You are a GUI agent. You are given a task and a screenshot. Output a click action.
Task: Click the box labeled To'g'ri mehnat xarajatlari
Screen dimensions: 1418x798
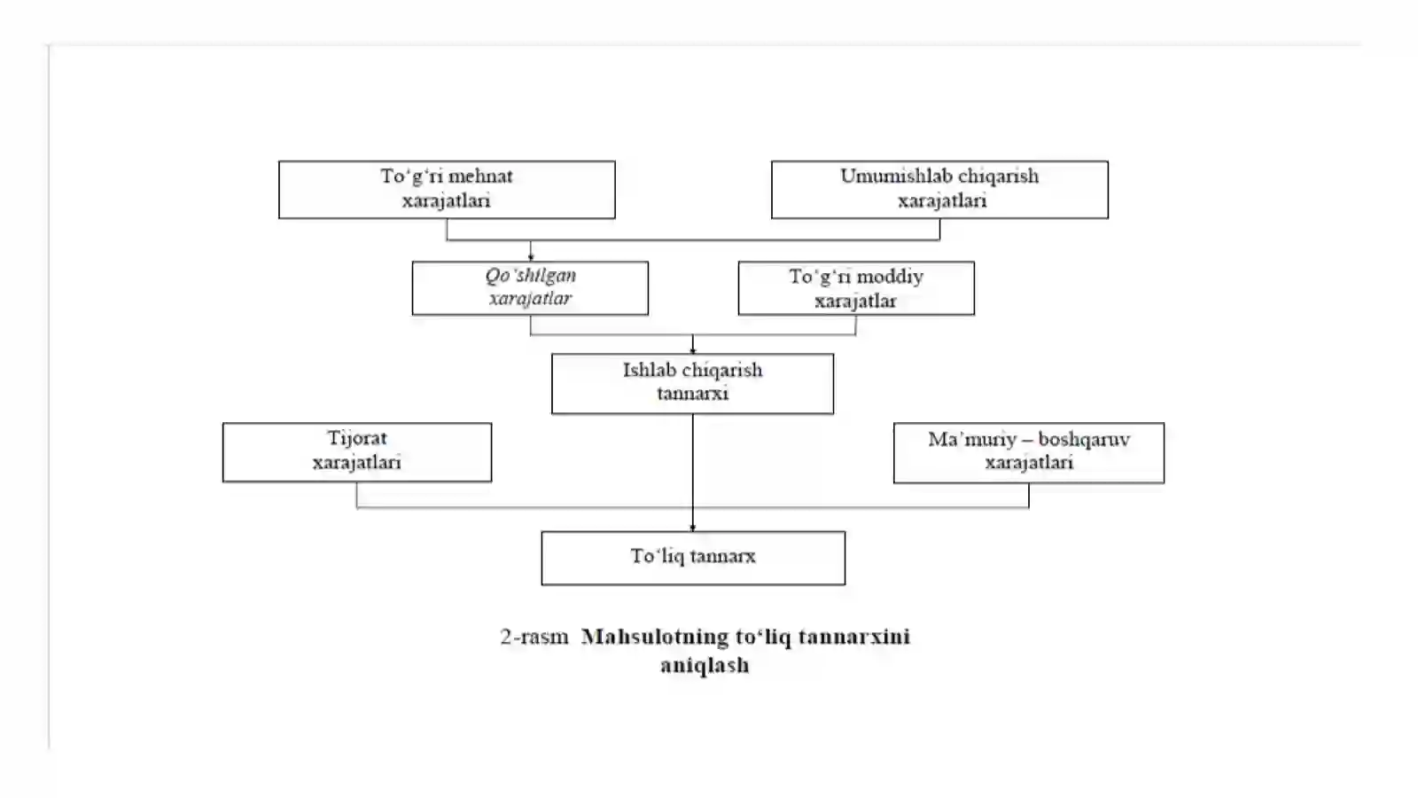(447, 190)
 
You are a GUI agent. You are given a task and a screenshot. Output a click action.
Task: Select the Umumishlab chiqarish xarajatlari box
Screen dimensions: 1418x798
(940, 190)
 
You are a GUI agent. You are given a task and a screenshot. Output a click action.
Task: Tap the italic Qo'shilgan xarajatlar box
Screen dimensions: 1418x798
(531, 288)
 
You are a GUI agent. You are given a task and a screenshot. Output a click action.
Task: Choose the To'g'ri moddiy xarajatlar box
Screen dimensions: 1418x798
(856, 288)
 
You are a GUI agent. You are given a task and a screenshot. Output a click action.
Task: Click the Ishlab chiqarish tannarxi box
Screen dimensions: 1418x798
(692, 384)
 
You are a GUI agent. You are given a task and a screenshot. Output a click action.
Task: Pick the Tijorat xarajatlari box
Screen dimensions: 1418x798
(357, 452)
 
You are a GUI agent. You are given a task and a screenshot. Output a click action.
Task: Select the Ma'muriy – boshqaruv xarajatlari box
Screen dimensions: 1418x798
(1029, 453)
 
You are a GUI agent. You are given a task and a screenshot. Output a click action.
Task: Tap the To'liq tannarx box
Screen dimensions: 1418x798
(693, 558)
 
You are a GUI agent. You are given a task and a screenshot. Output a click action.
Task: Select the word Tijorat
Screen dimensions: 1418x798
(357, 438)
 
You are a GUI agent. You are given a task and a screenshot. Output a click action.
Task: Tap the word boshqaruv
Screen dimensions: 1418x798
(1084, 440)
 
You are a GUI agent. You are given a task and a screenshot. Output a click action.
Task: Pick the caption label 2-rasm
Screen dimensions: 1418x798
(534, 637)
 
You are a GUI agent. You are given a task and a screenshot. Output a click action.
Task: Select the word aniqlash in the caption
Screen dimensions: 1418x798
(705, 665)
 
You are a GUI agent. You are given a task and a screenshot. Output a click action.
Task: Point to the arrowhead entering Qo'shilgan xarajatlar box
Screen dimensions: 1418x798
(531, 258)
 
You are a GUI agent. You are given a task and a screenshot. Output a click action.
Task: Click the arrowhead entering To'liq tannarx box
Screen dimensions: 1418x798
(692, 528)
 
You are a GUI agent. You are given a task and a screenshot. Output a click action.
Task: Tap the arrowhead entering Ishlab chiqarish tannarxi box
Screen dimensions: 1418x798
(692, 350)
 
